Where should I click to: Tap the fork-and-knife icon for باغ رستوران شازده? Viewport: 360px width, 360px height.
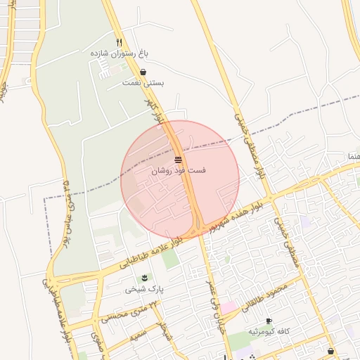[x=120, y=41]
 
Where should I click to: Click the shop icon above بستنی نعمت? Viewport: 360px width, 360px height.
[x=143, y=72]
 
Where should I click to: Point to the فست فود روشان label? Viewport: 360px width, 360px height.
[x=179, y=171]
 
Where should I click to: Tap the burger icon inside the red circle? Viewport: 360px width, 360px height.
[x=179, y=160]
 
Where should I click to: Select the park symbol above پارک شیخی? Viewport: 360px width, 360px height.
[x=145, y=278]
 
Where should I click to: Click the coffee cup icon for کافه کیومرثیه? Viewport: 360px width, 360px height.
[x=269, y=321]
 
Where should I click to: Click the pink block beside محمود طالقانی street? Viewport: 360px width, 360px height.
[x=230, y=307]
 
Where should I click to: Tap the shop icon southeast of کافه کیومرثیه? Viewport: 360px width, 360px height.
[x=330, y=351]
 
